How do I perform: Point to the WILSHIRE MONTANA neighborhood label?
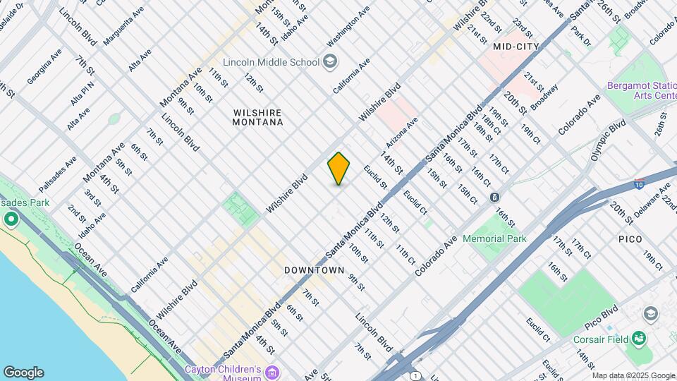(257, 117)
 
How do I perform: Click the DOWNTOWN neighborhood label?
(314, 270)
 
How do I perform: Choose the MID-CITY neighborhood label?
(516, 47)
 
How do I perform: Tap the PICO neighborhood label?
(630, 239)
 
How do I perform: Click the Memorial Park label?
(494, 238)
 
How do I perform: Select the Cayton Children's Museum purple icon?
(273, 371)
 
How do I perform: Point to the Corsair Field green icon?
(639, 339)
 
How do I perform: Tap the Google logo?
(23, 372)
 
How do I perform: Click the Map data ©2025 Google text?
(633, 375)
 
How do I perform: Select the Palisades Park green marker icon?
(11, 219)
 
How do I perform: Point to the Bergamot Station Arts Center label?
(640, 92)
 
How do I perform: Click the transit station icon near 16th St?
(495, 197)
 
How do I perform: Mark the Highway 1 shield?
(417, 375)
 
